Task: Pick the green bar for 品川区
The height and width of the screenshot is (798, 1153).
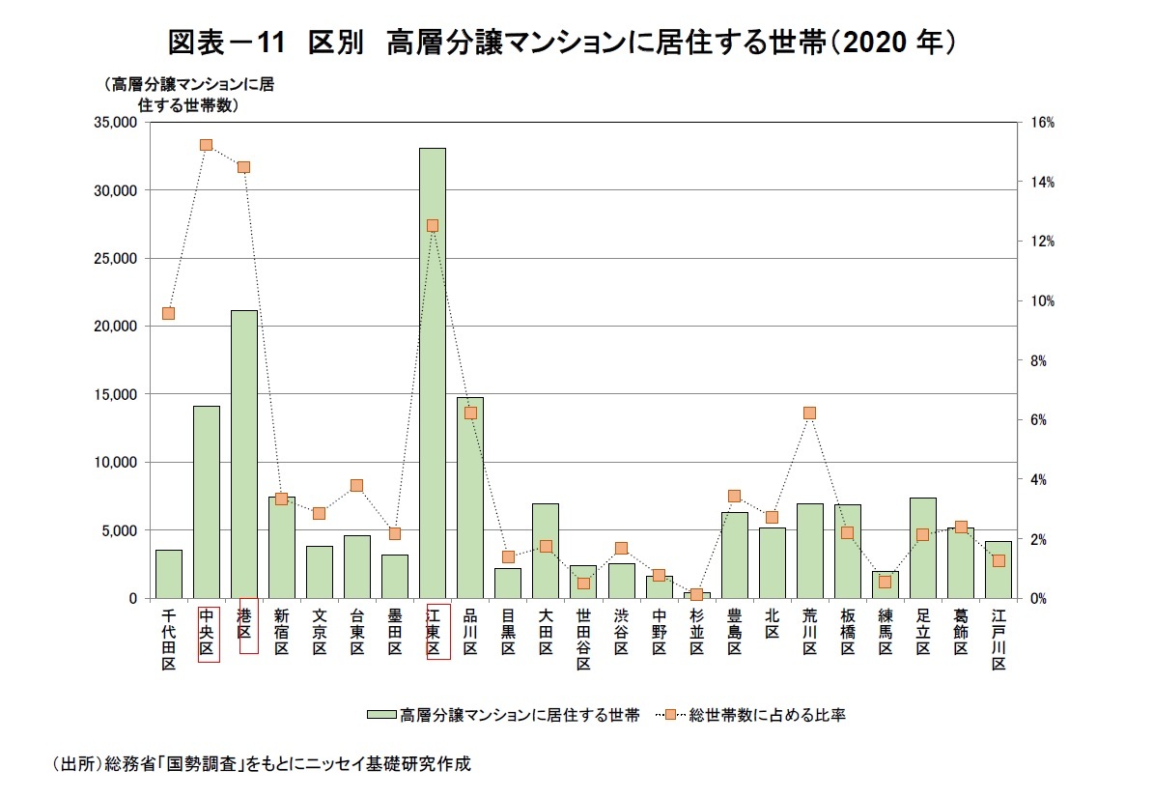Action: pos(470,498)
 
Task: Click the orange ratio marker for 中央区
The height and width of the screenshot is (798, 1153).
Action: pos(206,145)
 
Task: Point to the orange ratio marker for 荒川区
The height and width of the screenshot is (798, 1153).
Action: pos(809,413)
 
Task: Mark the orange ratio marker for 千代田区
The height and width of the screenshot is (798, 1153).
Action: pos(168,313)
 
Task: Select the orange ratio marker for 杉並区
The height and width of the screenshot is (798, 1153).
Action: pos(696,594)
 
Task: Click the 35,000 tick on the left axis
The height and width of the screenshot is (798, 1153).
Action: pos(115,123)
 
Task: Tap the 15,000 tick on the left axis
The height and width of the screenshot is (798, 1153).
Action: pos(115,394)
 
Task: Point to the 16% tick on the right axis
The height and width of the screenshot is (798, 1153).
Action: pos(1043,123)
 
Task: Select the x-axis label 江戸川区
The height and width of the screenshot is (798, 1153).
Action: pos(998,639)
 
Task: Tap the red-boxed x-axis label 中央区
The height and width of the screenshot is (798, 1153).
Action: pos(207,634)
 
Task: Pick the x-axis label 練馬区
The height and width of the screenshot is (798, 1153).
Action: pos(885,632)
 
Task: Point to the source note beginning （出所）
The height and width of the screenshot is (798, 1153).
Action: pos(261,763)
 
